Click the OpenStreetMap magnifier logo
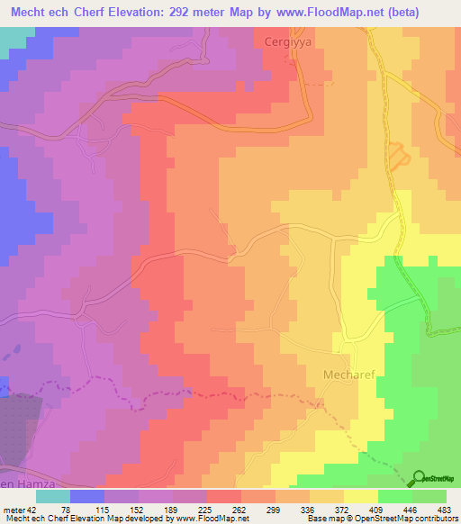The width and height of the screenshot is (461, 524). [420, 480]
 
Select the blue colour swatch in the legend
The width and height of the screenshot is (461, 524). [86, 495]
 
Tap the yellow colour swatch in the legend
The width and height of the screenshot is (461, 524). [359, 495]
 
